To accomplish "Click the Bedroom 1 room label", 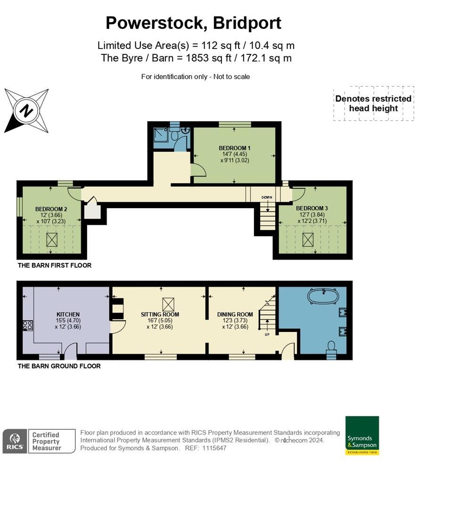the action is point(234,148).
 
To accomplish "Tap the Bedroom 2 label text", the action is point(51,209).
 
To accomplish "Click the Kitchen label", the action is point(68,314).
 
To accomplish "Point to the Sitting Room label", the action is point(160,314).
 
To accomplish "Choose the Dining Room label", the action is point(235,314).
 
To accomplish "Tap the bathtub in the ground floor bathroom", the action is point(323,296).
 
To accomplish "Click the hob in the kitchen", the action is point(28,325).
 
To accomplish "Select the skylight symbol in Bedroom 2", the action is point(52,240).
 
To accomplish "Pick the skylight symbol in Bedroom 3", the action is point(308,240).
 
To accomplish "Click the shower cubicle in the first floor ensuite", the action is point(161,134).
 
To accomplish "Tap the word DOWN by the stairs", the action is point(267,197).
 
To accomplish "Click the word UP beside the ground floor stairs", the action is point(267,334).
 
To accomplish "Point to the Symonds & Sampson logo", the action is point(362,435).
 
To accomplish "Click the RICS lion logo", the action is point(15,441).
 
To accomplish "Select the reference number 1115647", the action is point(214,448).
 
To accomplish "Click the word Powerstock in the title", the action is point(156,23).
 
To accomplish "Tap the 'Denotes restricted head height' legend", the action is point(373,103).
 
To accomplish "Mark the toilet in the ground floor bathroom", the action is point(331,346).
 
